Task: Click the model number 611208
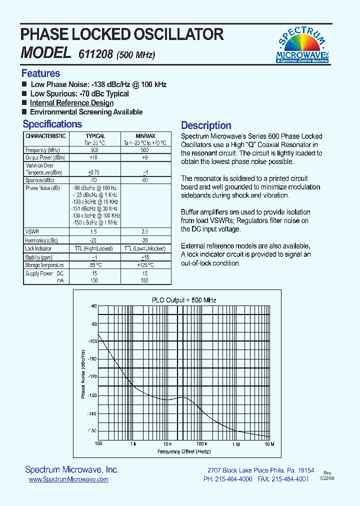click(x=95, y=54)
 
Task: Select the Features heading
click(x=40, y=73)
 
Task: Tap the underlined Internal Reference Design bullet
click(x=71, y=103)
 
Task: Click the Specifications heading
click(x=52, y=124)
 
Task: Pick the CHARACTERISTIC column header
click(x=45, y=136)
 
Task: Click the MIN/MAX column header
click(x=145, y=136)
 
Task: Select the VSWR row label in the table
click(x=32, y=232)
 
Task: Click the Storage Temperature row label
click(x=44, y=265)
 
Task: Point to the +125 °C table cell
click(x=145, y=265)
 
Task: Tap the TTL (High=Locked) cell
click(x=95, y=248)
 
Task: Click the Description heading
click(x=206, y=125)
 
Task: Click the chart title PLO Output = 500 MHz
click(x=184, y=300)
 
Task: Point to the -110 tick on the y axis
click(x=92, y=359)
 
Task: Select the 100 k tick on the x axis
click(x=201, y=444)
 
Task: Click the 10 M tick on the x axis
click(x=269, y=444)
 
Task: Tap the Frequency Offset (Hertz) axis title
click(x=184, y=451)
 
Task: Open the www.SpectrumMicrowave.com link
click(x=68, y=479)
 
